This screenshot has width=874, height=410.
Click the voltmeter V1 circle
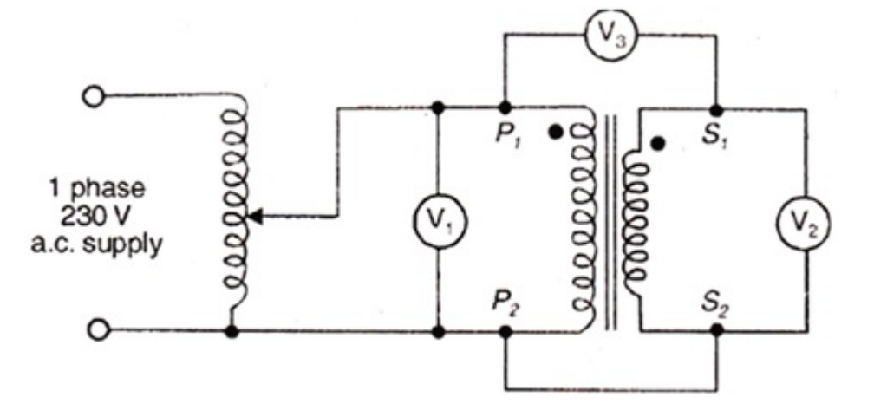[x=439, y=219]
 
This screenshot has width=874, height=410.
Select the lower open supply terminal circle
[x=99, y=330]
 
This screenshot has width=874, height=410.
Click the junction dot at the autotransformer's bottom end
[x=232, y=330]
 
